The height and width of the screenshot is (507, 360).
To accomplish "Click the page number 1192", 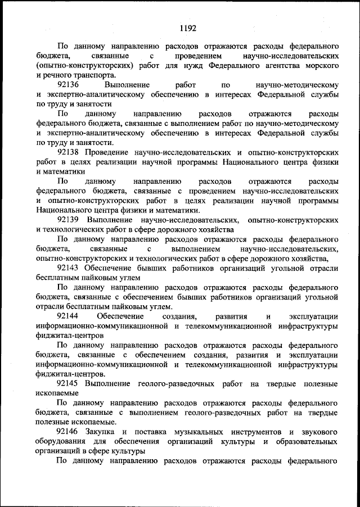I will (187, 26).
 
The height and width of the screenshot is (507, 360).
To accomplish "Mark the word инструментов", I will (251, 432).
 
